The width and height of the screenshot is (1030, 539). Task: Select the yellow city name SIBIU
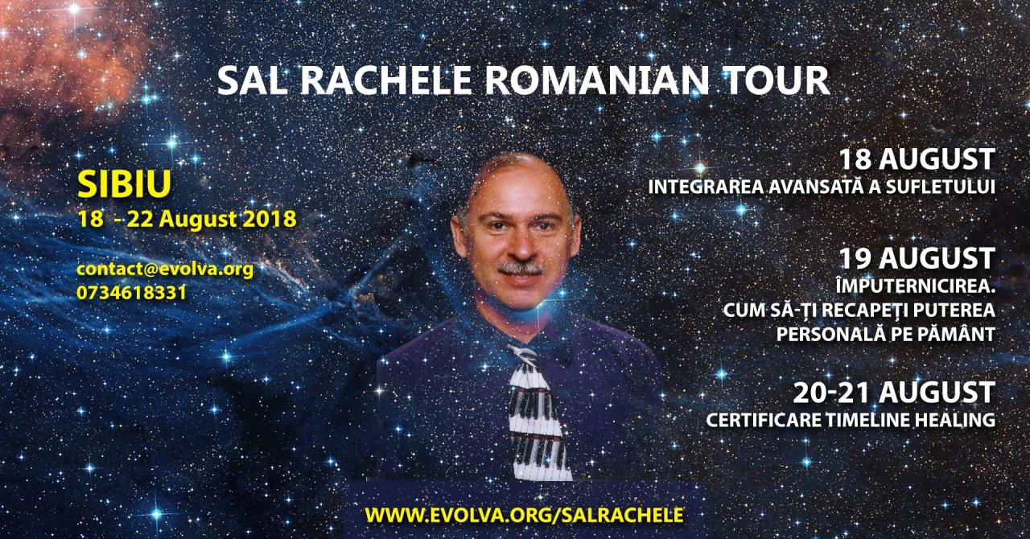[x=125, y=184]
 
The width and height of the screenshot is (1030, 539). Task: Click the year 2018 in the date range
[x=270, y=220]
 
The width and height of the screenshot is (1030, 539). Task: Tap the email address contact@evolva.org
[x=165, y=269]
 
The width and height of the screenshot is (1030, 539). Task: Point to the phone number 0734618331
[x=131, y=293]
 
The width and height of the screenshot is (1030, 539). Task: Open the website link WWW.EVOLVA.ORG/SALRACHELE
[x=524, y=515]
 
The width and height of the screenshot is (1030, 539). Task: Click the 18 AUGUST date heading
[x=917, y=159]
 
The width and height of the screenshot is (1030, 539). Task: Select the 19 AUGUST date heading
[x=917, y=258]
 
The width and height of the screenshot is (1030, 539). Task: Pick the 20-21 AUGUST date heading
[x=894, y=393]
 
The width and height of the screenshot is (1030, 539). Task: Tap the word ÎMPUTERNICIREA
[x=916, y=286]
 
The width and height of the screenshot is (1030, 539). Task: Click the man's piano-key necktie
[x=537, y=413]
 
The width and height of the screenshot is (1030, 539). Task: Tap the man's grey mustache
[x=521, y=268]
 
